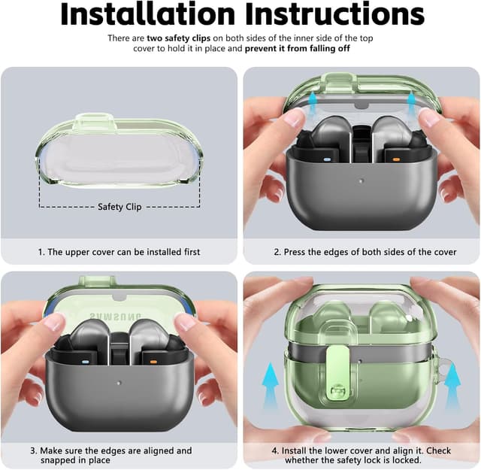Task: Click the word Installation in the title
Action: tap(150, 14)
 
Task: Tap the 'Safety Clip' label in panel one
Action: tap(119, 207)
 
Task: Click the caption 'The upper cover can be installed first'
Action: tap(119, 252)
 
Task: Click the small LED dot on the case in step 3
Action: tap(120, 381)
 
